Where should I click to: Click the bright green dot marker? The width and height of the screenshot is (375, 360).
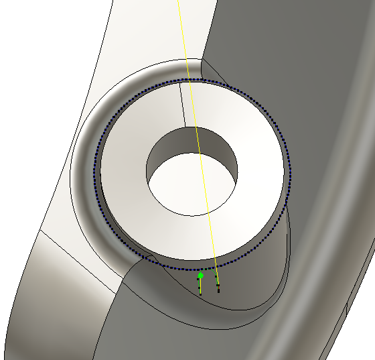coord(200,276)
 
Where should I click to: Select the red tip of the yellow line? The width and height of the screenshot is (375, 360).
coord(218,290)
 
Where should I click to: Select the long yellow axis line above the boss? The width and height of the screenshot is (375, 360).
coord(183,34)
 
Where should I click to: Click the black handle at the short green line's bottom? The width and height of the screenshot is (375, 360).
coord(200,294)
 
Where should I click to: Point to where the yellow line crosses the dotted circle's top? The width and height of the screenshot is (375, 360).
coord(190,80)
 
